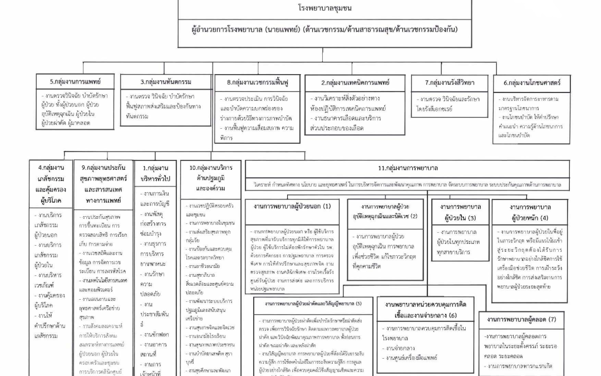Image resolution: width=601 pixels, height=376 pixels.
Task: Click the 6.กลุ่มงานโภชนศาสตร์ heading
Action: (533, 82)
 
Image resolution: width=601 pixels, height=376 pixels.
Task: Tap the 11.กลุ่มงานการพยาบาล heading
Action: (408, 168)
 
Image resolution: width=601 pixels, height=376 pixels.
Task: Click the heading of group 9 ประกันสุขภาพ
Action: (102, 177)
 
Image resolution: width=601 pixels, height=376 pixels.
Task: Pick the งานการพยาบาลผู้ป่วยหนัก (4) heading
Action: (529, 211)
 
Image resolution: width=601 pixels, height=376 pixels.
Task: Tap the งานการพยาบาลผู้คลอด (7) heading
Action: (520, 319)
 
